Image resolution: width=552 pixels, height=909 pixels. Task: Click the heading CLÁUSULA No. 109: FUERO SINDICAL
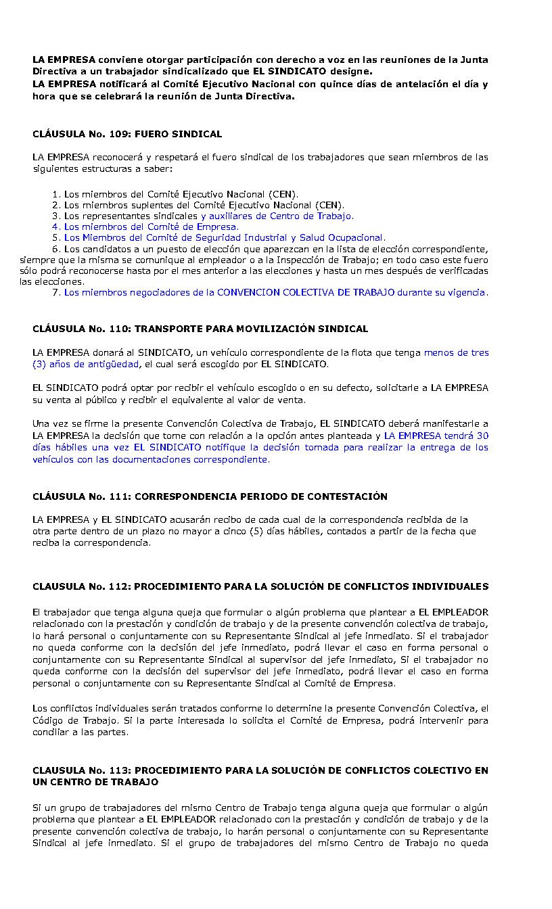pyautogui.click(x=127, y=135)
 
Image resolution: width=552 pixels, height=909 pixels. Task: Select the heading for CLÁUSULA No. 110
pyautogui.click(x=200, y=329)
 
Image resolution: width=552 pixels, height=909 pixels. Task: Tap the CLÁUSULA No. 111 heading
pyautogui.click(x=210, y=496)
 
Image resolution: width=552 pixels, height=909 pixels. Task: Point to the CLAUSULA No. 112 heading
pyautogui.click(x=260, y=586)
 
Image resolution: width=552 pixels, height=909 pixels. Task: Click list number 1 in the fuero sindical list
pyautogui.click(x=55, y=195)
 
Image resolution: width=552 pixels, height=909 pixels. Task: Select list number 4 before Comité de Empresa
pyautogui.click(x=55, y=227)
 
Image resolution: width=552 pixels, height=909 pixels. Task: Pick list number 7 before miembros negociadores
pyautogui.click(x=55, y=293)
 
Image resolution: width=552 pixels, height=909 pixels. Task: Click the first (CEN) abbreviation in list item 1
pyautogui.click(x=282, y=195)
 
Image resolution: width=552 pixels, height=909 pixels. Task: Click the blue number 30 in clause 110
pyautogui.click(x=482, y=436)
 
